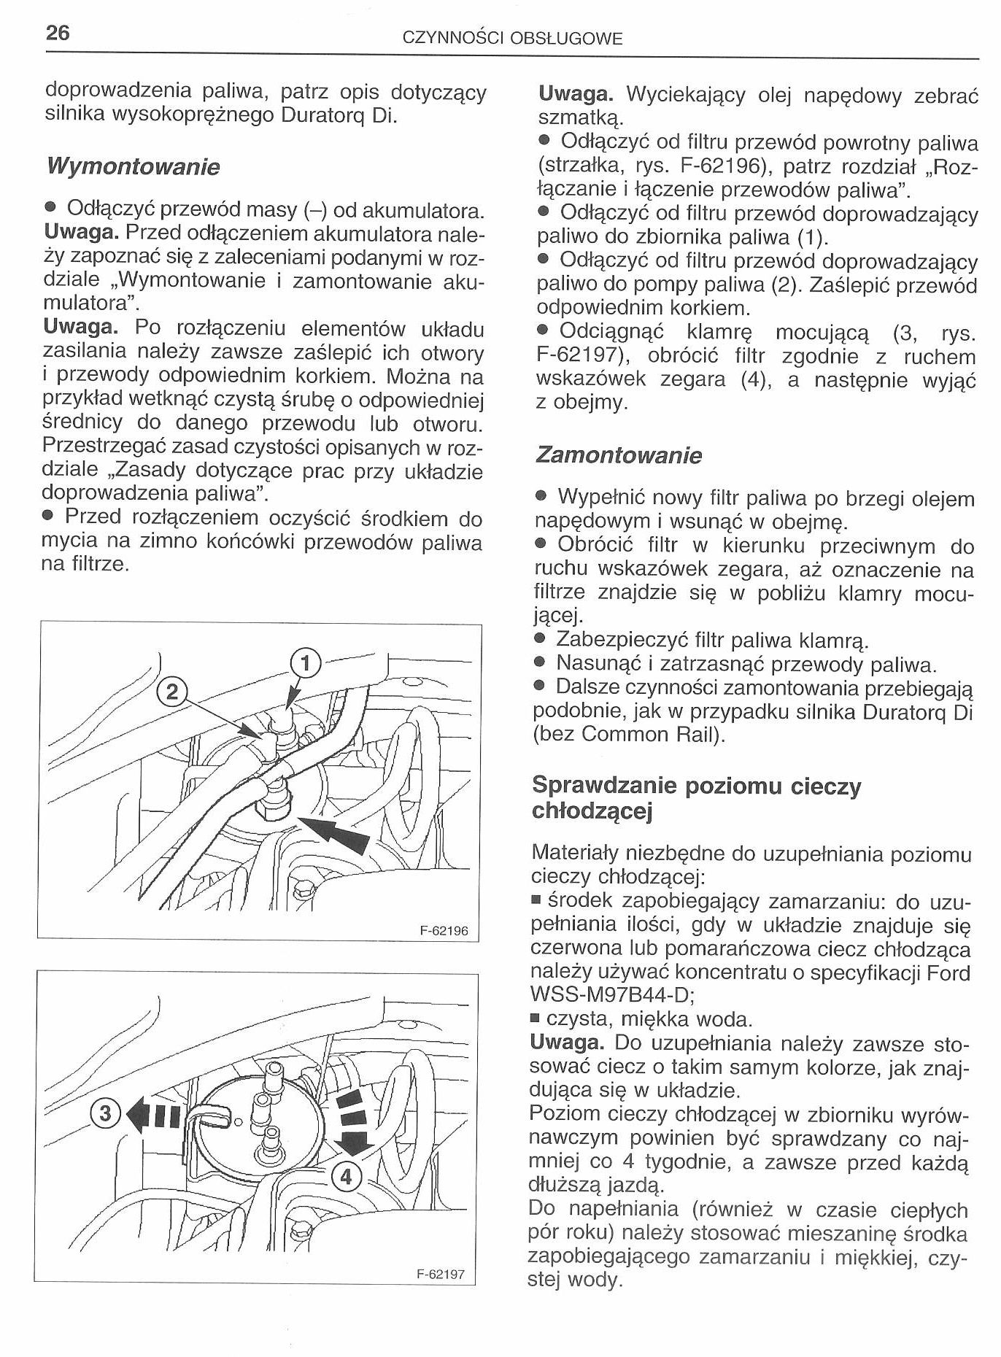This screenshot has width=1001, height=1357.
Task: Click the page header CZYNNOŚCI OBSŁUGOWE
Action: point(513,39)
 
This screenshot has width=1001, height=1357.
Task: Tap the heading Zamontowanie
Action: point(619,456)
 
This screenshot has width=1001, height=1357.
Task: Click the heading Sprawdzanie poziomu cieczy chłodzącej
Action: point(697,798)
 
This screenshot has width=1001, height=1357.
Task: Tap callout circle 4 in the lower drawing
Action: point(347,1176)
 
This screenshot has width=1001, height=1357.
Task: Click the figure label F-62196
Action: point(444,931)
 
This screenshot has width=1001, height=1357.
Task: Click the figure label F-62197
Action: point(440,1275)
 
